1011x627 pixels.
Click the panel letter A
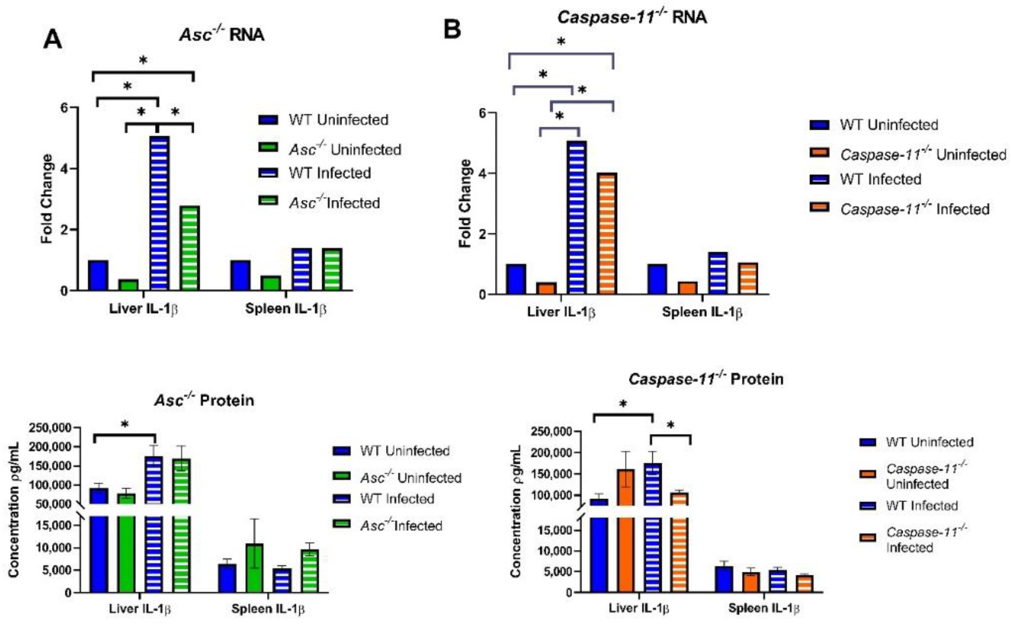tap(53, 40)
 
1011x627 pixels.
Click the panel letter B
tap(452, 30)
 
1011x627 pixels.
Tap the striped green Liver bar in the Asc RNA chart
tap(190, 248)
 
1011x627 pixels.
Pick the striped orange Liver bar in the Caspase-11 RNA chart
tap(607, 233)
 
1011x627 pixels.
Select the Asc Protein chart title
tap(204, 400)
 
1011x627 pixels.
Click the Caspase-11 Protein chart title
tap(706, 379)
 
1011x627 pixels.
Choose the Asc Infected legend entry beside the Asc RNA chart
tap(334, 203)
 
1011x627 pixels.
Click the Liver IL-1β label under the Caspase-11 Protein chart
tap(639, 608)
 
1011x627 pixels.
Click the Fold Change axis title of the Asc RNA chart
tap(47, 199)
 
